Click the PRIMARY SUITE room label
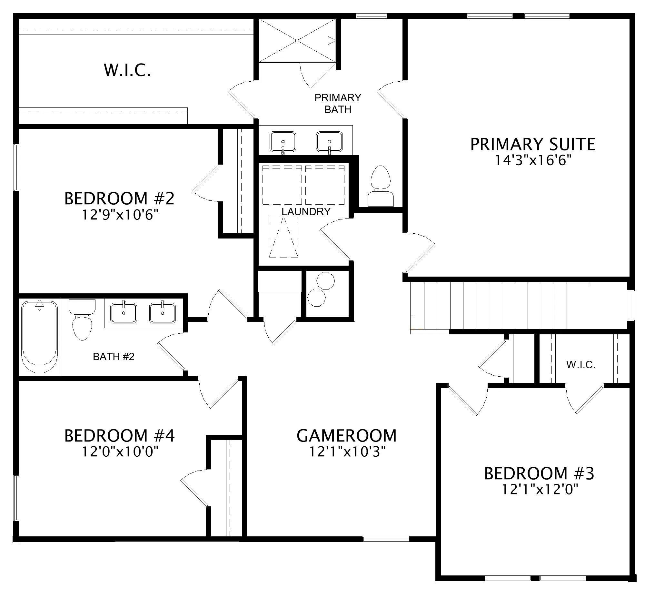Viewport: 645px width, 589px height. point(533,144)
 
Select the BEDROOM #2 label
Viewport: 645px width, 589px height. point(119,198)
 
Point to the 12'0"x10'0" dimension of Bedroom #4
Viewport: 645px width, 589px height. point(120,452)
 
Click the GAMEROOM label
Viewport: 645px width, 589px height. point(347,436)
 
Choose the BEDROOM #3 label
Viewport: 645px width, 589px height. point(539,473)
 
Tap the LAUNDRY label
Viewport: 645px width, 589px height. point(306,212)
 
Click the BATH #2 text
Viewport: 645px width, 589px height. point(114,357)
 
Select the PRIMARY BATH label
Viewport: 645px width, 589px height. point(338,104)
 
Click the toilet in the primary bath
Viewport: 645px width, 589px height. point(381,186)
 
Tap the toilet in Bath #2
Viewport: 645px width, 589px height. point(82,320)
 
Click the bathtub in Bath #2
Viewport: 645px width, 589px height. point(39,336)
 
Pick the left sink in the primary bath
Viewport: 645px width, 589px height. point(283,142)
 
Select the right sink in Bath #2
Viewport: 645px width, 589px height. point(163,313)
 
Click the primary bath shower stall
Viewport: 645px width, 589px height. point(297,40)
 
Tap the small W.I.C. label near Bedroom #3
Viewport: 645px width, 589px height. point(580,365)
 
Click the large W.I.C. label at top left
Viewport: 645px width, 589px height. point(127,70)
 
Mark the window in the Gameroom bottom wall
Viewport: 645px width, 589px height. point(386,539)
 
